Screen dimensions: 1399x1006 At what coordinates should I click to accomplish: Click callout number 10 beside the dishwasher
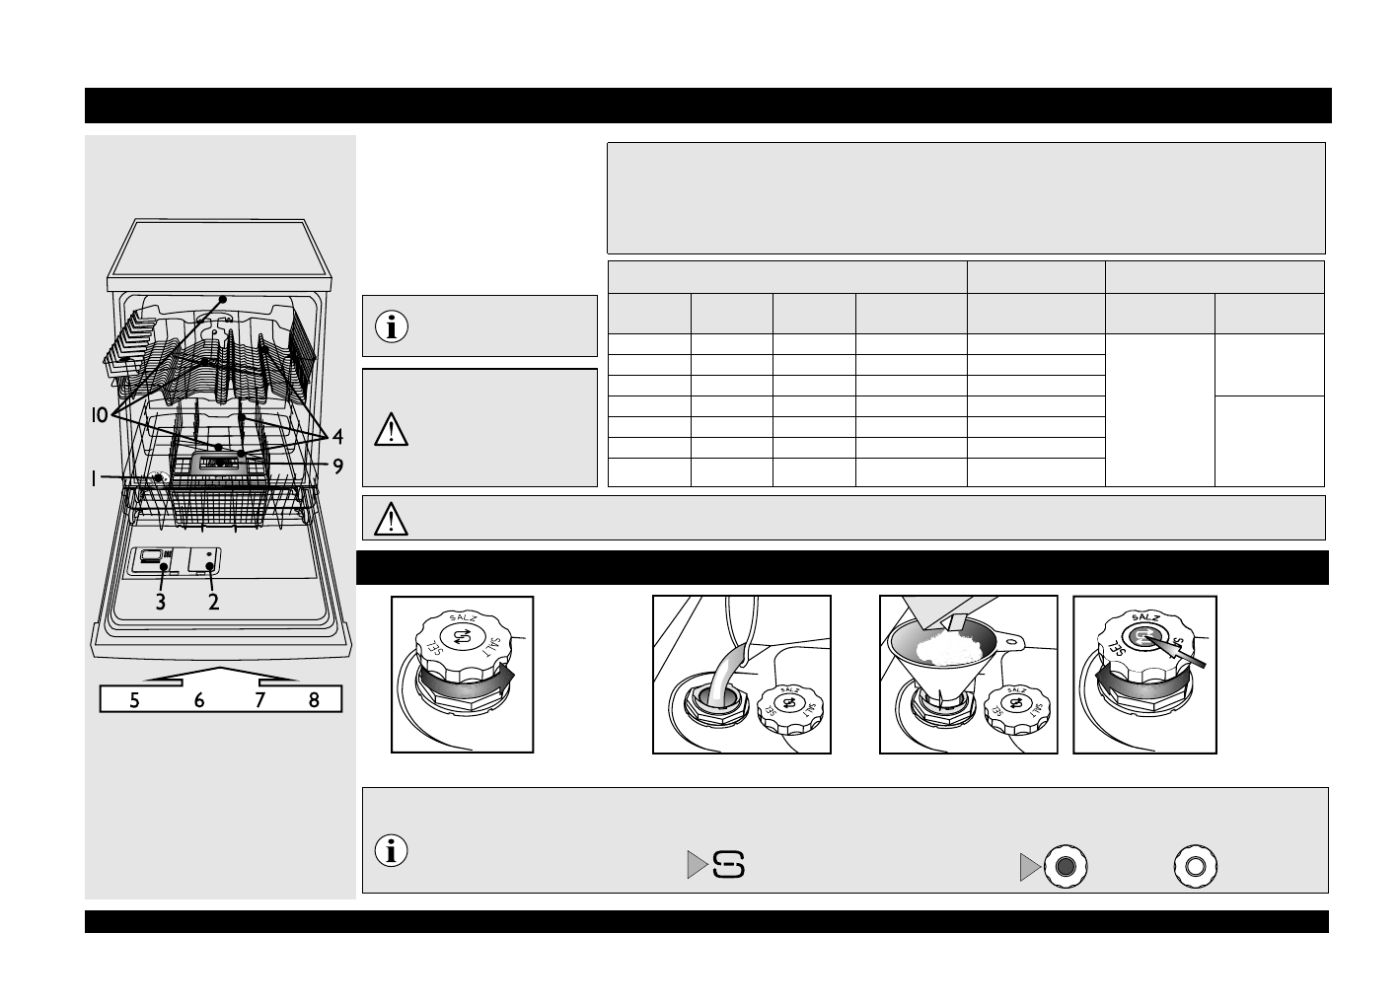[x=100, y=415]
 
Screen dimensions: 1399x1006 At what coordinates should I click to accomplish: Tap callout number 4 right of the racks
[x=337, y=437]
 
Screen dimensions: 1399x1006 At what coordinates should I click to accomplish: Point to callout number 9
[x=337, y=467]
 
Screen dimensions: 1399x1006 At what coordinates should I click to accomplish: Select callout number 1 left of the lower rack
[x=94, y=479]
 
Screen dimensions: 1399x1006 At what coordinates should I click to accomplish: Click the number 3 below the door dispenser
[x=161, y=602]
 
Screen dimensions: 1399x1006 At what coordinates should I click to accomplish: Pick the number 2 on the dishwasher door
[x=213, y=602]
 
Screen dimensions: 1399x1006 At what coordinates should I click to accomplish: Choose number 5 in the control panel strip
[x=134, y=700]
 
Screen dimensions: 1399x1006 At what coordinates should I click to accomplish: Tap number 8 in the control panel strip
[x=314, y=700]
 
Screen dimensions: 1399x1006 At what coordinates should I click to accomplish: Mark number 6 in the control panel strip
[x=199, y=700]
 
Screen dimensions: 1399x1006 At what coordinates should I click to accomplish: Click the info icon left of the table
[x=392, y=326]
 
